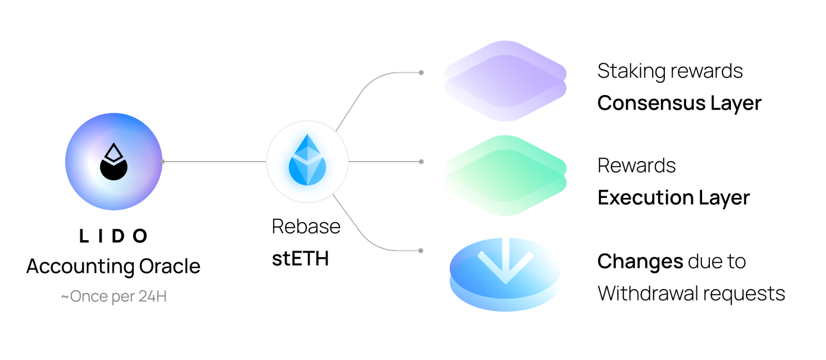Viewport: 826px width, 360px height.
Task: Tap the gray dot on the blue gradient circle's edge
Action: point(163,162)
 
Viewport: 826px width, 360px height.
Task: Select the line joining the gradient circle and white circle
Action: point(214,162)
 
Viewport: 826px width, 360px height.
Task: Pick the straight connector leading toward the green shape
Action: point(385,162)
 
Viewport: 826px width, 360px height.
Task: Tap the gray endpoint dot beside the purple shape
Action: point(421,72)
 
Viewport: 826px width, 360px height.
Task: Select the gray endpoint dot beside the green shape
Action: point(421,162)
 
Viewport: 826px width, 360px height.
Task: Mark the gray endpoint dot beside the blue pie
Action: point(421,251)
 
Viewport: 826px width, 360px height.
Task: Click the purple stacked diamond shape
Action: point(505,81)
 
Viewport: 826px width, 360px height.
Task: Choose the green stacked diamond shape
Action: point(505,176)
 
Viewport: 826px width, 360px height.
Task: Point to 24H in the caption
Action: point(153,297)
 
